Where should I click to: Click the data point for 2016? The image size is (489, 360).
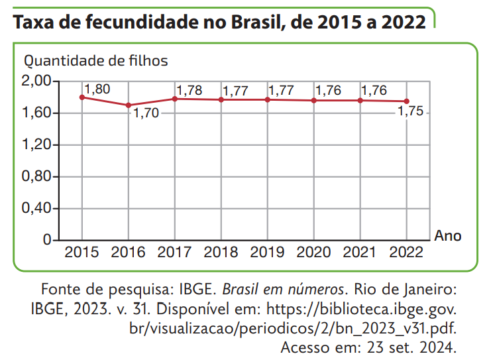click(129, 105)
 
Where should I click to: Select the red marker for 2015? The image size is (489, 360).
click(82, 97)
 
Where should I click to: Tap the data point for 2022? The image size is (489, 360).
click(406, 101)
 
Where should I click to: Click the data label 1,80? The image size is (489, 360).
click(97, 89)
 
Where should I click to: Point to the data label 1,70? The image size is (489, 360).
click(146, 113)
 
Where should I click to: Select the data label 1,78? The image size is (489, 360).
click(190, 90)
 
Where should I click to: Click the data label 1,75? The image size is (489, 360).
click(409, 113)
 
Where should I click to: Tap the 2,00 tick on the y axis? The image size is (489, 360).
click(36, 82)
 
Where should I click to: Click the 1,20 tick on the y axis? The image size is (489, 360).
click(36, 145)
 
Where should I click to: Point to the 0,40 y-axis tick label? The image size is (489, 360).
click(36, 209)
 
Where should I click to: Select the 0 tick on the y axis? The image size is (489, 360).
click(47, 240)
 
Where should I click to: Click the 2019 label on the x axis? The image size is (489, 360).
click(268, 253)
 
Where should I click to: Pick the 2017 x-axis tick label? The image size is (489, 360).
click(175, 253)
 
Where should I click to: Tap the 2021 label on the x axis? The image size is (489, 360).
click(360, 253)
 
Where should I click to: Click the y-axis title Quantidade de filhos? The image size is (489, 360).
click(96, 61)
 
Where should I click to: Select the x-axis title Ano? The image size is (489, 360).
click(448, 235)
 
